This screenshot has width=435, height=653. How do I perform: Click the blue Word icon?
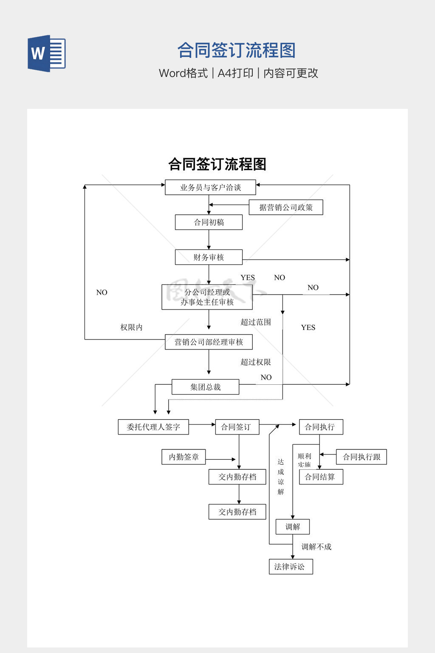(x=47, y=54)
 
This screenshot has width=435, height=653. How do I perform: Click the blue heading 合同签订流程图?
(x=236, y=50)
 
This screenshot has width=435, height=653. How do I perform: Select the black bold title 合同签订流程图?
(x=217, y=164)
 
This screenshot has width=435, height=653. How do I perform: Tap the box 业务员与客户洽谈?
(x=210, y=187)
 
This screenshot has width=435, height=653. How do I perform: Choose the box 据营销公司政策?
(x=286, y=207)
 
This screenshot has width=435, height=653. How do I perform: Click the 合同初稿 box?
(x=209, y=222)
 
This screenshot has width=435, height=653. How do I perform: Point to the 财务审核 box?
(x=209, y=257)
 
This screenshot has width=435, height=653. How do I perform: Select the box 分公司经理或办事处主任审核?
(x=207, y=297)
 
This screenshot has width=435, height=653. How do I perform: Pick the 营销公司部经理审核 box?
(x=209, y=342)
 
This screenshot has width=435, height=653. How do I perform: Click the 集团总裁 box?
(x=205, y=387)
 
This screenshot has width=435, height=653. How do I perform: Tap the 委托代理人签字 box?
(x=153, y=427)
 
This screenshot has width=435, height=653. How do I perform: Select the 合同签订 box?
(x=237, y=427)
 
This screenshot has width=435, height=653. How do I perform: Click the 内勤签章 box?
(x=184, y=457)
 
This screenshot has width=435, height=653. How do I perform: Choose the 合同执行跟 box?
(x=362, y=457)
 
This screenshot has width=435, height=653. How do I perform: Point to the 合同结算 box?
(x=321, y=477)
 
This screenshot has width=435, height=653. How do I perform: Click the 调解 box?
(x=292, y=527)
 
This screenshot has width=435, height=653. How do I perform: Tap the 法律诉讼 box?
(x=291, y=567)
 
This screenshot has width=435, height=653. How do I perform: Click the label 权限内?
(x=131, y=327)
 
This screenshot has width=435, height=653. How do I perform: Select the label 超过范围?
(x=256, y=322)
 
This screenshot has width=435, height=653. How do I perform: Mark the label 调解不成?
(x=316, y=547)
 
